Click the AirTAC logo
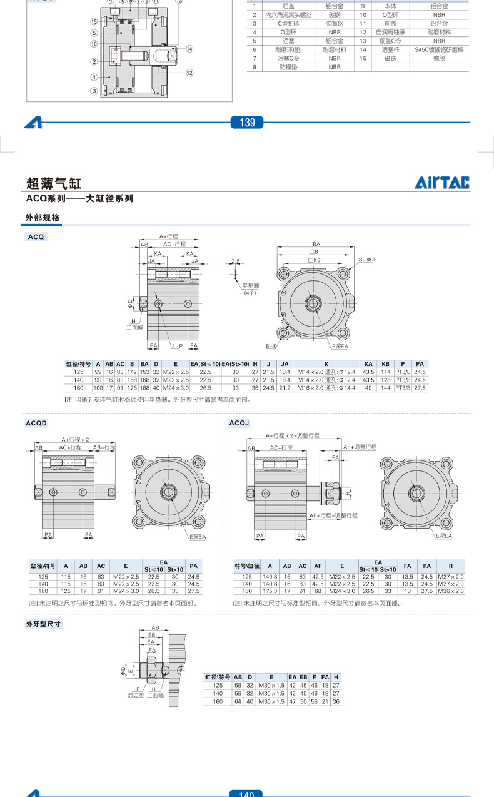pyautogui.click(x=442, y=183)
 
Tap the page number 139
pyautogui.click(x=248, y=123)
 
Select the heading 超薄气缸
pyautogui.click(x=54, y=183)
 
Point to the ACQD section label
pyautogui.click(x=36, y=423)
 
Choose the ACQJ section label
pyautogui.click(x=239, y=423)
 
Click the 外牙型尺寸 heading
pyautogui.click(x=44, y=624)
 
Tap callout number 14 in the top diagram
pyautogui.click(x=189, y=49)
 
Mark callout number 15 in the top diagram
pyautogui.click(x=93, y=21)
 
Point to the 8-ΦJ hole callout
pyautogui.click(x=367, y=259)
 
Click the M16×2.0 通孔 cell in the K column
pyautogui.click(x=326, y=388)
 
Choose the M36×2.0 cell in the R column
pyautogui.click(x=451, y=591)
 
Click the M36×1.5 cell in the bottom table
pyautogui.click(x=271, y=702)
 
